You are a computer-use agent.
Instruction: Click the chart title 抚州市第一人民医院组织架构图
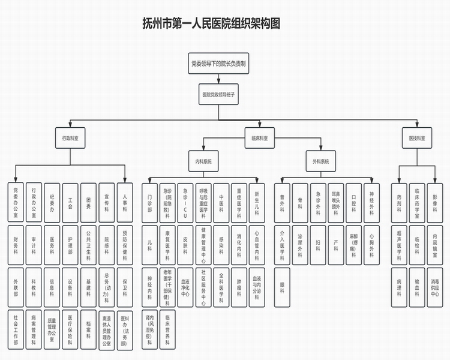[211, 23]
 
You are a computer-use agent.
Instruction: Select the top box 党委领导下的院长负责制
[218, 62]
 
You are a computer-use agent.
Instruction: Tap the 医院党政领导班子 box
[218, 95]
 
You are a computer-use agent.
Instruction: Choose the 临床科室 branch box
[259, 138]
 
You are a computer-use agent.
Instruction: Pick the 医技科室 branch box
[417, 138]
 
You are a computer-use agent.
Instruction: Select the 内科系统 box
[203, 162]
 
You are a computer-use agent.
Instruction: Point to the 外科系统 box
[320, 162]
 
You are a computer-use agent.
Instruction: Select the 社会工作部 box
[16, 328]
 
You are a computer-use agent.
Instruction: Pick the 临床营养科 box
[168, 328]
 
